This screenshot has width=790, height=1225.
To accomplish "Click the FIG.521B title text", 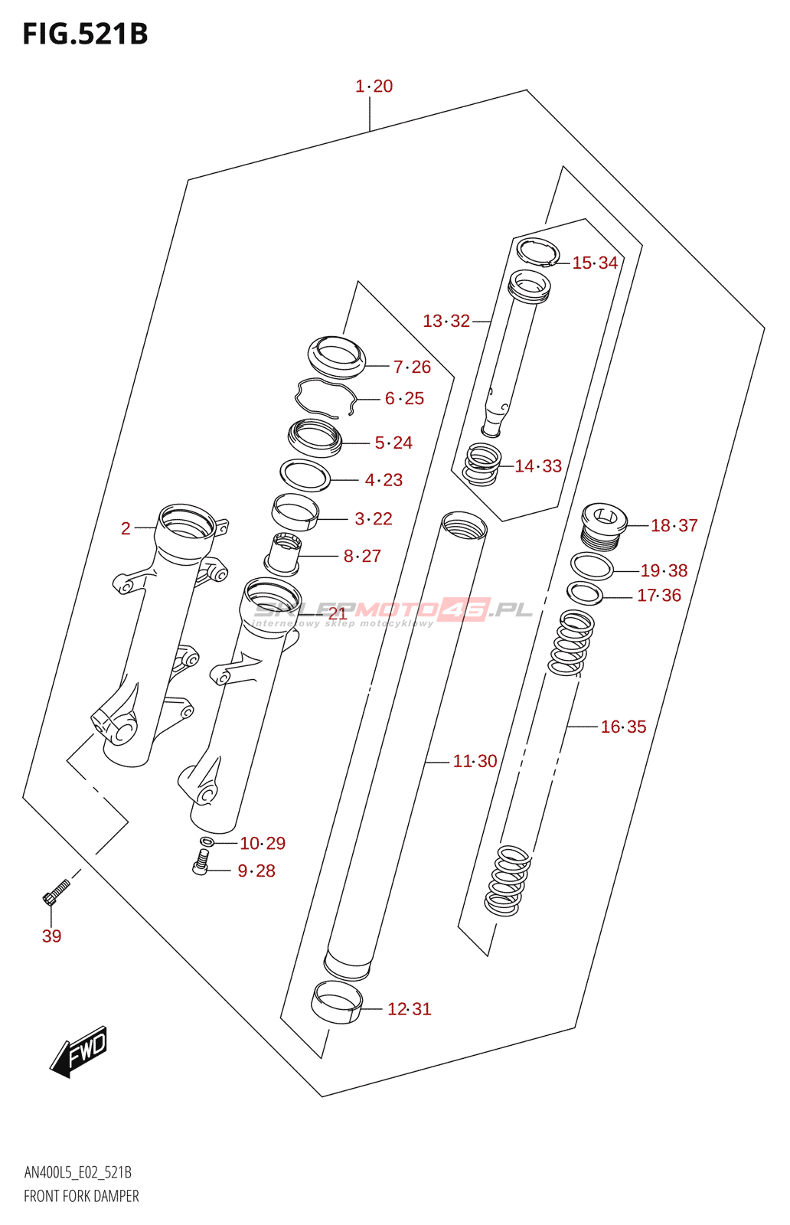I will (x=85, y=34).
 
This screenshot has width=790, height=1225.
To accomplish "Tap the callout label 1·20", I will (x=374, y=87).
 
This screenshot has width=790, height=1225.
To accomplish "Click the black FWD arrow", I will (x=80, y=1051).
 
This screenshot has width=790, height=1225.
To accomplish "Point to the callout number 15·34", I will (x=595, y=263).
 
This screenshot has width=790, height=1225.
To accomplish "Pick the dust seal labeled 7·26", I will (x=337, y=356).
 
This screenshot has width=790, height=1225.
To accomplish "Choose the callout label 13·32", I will (x=446, y=321).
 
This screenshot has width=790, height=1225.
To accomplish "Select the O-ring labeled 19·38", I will (x=592, y=567).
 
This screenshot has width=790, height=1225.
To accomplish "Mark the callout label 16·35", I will (x=623, y=727).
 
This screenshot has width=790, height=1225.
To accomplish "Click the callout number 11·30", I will (x=475, y=761).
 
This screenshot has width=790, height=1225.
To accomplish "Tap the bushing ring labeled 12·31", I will (x=336, y=1004).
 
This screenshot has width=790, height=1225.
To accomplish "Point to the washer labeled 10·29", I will (x=205, y=842).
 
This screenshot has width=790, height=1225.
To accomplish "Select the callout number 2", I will (x=126, y=528).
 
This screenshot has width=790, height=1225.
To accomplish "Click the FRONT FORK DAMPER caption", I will (x=81, y=1196).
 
